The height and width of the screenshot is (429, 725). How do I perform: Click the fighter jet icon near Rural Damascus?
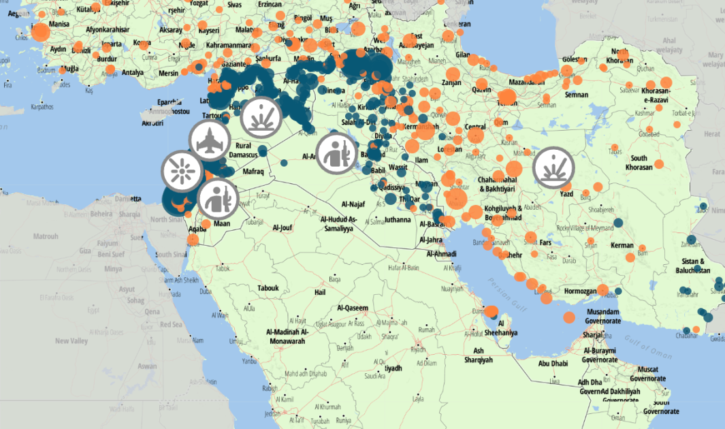pyautogui.click(x=209, y=140)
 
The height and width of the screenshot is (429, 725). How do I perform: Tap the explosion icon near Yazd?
pyautogui.click(x=554, y=168)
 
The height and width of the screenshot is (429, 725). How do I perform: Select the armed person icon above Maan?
pyautogui.click(x=218, y=198)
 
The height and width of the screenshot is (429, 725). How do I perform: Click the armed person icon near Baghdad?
pyautogui.click(x=337, y=152)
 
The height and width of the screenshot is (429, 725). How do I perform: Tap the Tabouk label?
pyautogui.click(x=268, y=288)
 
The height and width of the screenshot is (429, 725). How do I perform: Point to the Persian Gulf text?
pyautogui.click(x=507, y=292)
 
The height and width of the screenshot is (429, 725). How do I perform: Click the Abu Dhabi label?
pyautogui.click(x=553, y=364)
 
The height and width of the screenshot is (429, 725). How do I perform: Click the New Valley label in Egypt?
pyautogui.click(x=71, y=340)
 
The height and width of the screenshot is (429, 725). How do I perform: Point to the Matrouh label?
pyautogui.click(x=46, y=236)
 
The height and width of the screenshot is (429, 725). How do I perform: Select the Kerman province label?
pyautogui.click(x=622, y=245)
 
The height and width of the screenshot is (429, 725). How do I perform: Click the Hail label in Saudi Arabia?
pyautogui.click(x=319, y=292)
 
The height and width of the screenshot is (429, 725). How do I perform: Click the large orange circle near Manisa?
pyautogui.click(x=41, y=33)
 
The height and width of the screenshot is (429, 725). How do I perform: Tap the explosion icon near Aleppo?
pyautogui.click(x=262, y=115)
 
